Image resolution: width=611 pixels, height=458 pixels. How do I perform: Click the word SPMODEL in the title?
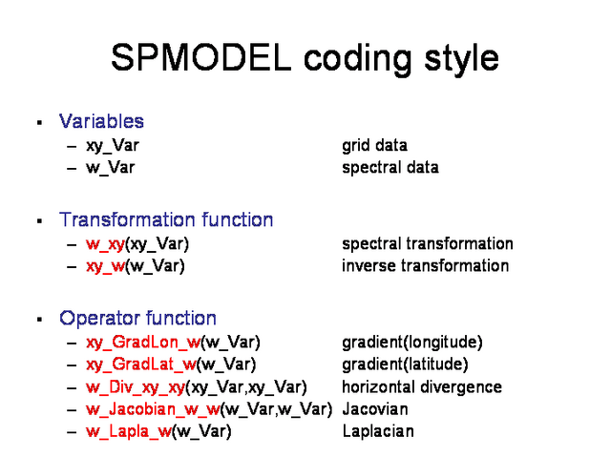coord(201,57)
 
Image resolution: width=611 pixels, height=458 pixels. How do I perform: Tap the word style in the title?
coord(461,59)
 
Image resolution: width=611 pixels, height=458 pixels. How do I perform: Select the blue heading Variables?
coord(101,121)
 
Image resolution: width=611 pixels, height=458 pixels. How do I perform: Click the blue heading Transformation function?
coord(166,219)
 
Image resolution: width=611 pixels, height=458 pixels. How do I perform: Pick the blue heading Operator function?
coord(137,318)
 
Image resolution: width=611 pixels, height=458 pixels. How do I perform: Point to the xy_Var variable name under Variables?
coord(113,146)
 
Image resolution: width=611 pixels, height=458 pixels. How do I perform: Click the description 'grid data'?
coord(374,146)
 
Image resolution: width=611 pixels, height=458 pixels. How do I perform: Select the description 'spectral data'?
coord(390,168)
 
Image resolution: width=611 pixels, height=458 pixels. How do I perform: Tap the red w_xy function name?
coord(105,244)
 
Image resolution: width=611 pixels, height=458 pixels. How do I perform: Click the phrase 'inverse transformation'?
coord(426,265)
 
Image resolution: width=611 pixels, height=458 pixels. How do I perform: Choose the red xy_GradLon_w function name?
coord(143,343)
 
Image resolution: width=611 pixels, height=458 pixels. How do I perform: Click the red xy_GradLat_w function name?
coord(141,364)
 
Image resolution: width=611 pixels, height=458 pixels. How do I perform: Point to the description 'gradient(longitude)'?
coord(412,343)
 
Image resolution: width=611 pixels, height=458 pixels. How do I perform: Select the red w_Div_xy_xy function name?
coord(136,387)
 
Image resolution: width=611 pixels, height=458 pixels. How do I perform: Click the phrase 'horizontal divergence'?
coord(422,387)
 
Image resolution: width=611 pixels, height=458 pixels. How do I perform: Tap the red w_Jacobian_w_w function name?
coord(153,409)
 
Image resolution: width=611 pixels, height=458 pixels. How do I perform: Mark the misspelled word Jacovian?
coord(375,409)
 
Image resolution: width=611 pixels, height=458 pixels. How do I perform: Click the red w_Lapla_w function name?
coord(129,431)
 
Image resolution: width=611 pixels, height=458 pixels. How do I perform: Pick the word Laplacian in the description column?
coord(378,431)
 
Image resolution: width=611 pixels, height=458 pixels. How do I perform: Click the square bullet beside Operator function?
coord(39,320)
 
